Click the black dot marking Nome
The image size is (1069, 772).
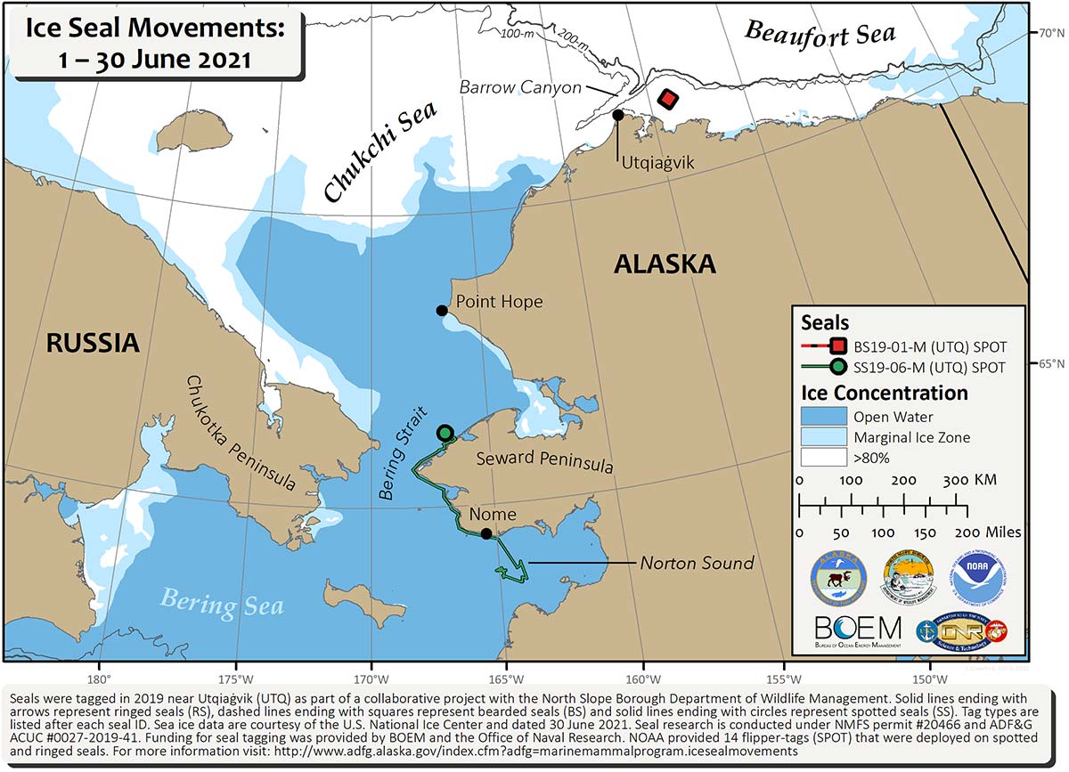486,533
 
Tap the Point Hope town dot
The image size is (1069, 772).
441,310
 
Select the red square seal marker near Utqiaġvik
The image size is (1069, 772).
667,99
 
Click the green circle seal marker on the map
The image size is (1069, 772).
445,433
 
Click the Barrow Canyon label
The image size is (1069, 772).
520,87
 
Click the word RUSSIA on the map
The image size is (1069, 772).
93,343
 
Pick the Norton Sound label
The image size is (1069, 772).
697,563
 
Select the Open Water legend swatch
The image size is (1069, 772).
823,417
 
